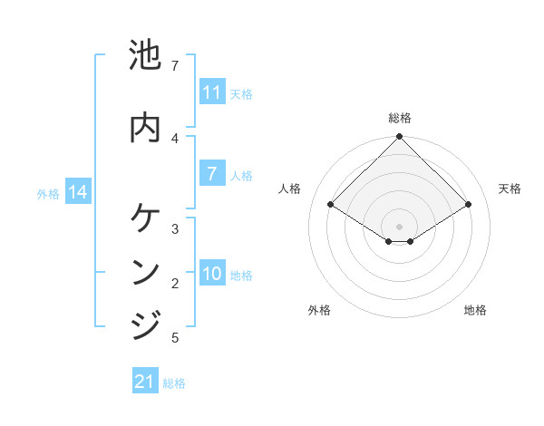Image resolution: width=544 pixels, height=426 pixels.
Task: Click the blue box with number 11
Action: coord(212,92)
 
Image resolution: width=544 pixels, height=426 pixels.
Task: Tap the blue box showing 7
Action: coord(212,174)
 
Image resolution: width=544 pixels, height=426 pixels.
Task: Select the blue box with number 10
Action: coord(212,274)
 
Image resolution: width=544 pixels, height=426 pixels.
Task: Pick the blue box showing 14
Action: coord(78,192)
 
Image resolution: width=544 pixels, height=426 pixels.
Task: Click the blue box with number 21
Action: coord(145,382)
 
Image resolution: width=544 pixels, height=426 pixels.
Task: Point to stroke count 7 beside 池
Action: coord(175,66)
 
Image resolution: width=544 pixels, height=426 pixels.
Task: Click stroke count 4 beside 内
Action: coord(175,138)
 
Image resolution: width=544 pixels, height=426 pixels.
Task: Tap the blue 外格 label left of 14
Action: coord(48,193)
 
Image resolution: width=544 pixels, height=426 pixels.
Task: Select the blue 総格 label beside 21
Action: coord(174,383)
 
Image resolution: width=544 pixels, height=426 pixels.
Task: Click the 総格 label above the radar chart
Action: coord(399,118)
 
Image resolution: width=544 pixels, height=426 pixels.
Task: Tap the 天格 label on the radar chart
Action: coord(510,189)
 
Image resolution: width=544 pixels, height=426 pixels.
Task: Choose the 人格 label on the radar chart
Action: coord(289,189)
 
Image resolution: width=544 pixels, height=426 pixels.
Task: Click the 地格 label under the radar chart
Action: coord(475,310)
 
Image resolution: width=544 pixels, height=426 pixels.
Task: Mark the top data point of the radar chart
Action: coord(399,137)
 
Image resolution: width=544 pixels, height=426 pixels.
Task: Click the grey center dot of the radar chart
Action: coord(399,226)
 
